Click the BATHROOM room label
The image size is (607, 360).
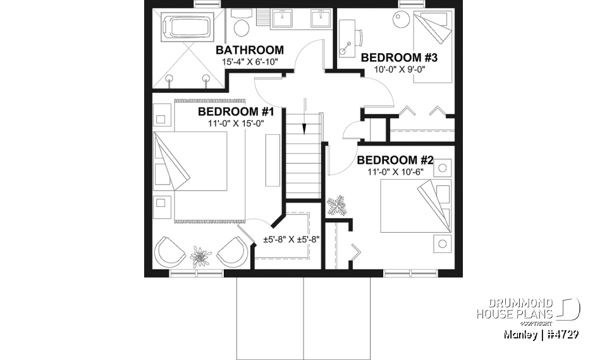click(x=250, y=50)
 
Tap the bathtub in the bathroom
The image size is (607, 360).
click(x=187, y=28)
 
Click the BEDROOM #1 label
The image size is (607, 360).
click(x=235, y=112)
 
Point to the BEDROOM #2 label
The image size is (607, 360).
click(x=395, y=159)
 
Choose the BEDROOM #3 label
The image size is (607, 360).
click(x=399, y=58)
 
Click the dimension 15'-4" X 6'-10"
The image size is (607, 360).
click(x=250, y=62)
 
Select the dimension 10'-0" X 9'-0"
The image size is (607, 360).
click(x=399, y=70)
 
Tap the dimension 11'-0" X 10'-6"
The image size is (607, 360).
click(x=395, y=171)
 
